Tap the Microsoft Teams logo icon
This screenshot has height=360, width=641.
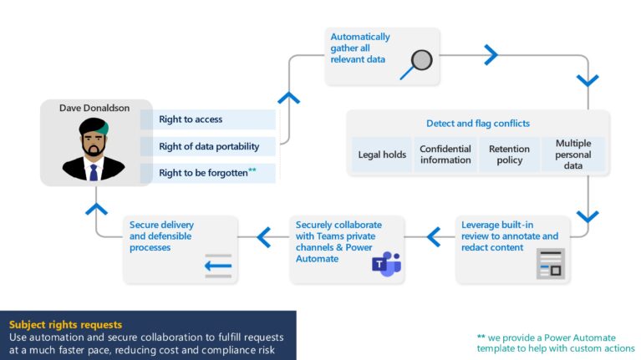(x=386, y=263)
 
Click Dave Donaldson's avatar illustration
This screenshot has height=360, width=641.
(x=93, y=150)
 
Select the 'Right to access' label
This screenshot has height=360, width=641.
(x=191, y=119)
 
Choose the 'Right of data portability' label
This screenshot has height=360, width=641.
(x=209, y=146)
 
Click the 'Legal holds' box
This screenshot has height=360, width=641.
(x=381, y=155)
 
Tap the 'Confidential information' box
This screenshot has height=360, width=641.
(x=445, y=155)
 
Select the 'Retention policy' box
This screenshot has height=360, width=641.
(x=509, y=155)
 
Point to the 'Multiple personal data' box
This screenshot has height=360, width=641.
(x=573, y=155)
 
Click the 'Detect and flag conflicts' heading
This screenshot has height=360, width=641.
(x=477, y=124)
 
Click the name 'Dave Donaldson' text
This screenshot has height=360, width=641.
(x=93, y=108)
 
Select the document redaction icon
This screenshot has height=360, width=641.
(x=550, y=263)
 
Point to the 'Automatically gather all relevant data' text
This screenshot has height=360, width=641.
(x=359, y=48)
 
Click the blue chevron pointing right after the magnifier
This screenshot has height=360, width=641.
(x=491, y=55)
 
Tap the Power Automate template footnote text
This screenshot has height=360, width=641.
(x=556, y=342)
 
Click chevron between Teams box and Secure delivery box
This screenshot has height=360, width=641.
(x=264, y=237)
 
